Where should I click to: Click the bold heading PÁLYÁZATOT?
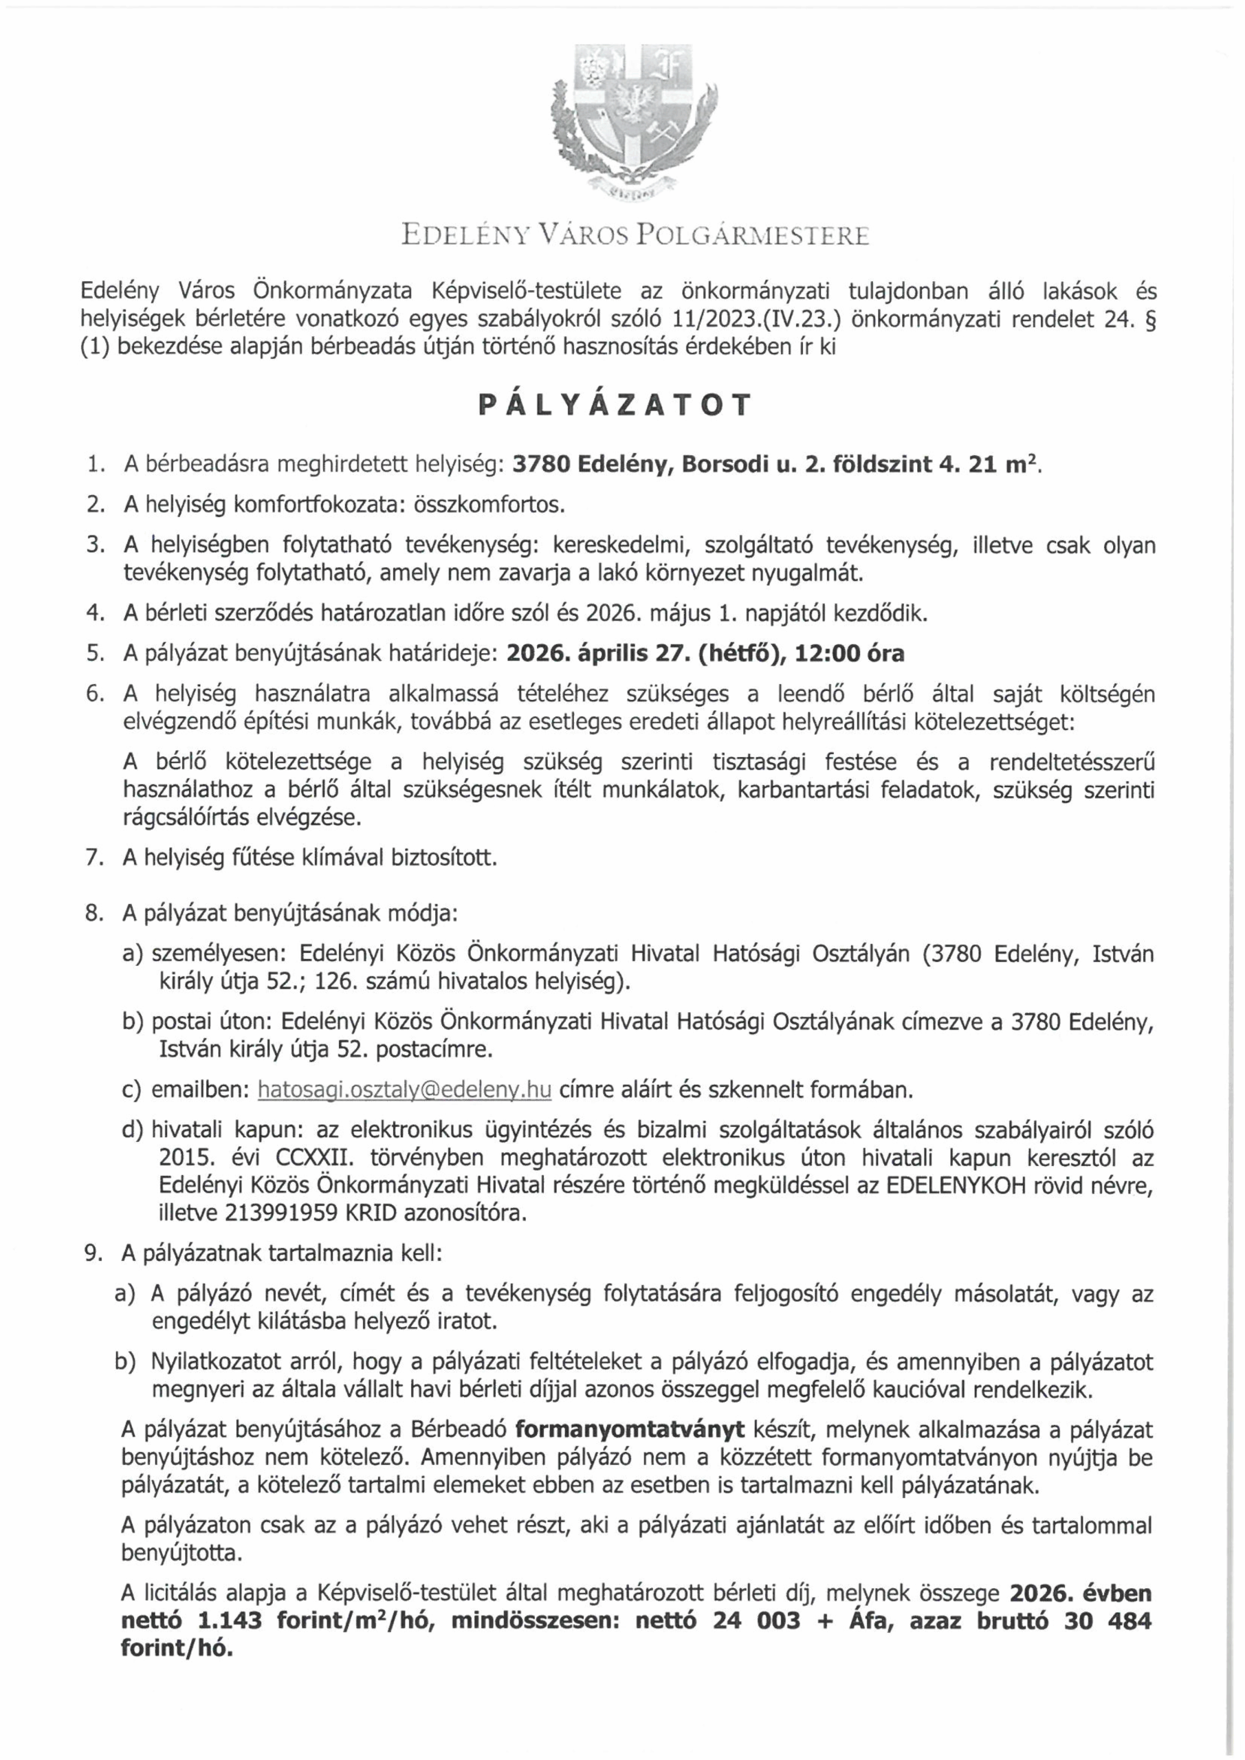[613, 406]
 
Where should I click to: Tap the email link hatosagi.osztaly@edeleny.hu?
[405, 1089]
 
